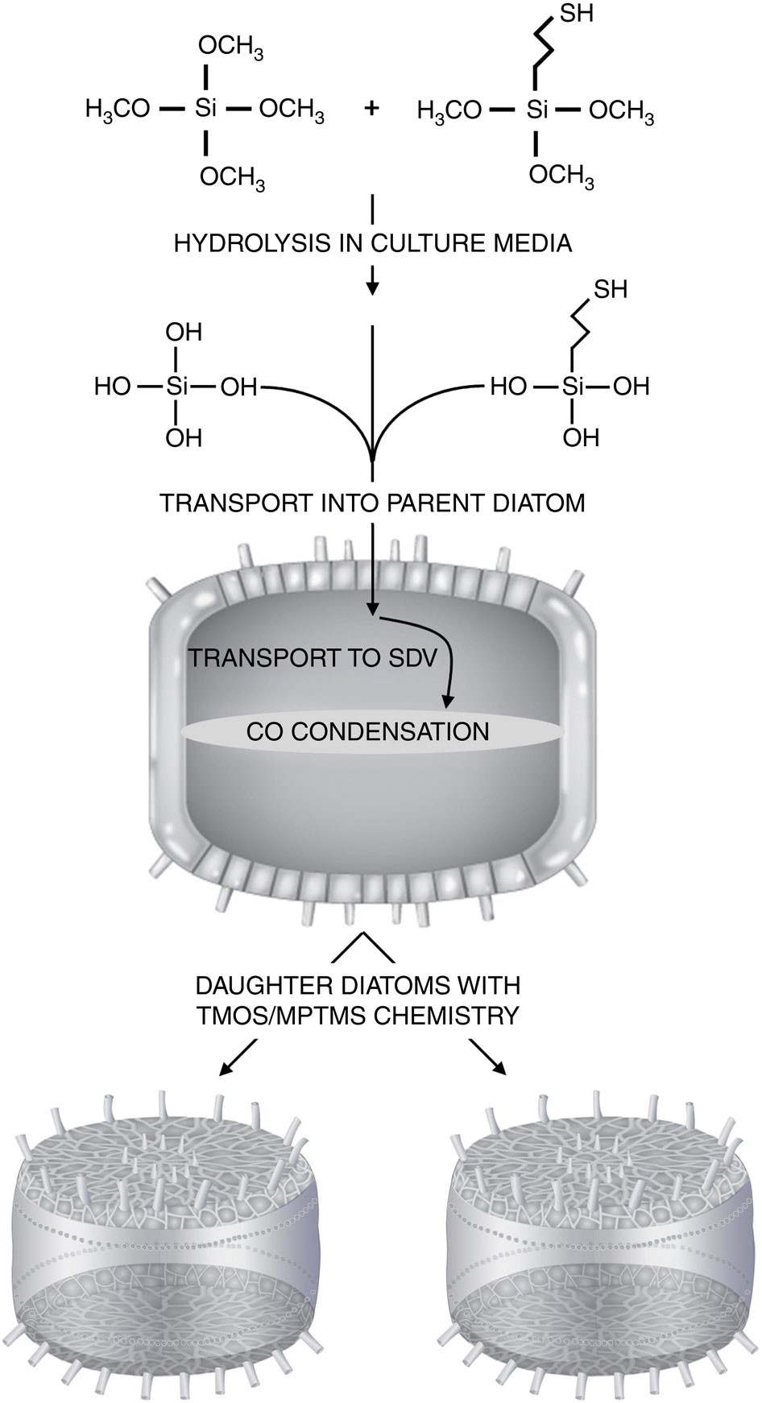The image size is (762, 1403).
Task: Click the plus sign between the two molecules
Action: (x=371, y=109)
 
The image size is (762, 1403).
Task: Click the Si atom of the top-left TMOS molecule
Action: (x=205, y=109)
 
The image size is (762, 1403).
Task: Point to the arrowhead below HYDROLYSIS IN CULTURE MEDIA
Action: (x=372, y=288)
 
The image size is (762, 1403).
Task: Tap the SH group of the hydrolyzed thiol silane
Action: (x=610, y=289)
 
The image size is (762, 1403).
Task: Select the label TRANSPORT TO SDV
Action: (x=313, y=658)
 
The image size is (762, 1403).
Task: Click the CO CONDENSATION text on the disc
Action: (x=367, y=731)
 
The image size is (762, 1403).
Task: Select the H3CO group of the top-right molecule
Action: (x=449, y=110)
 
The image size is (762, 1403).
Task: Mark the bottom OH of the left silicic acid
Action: (x=184, y=438)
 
